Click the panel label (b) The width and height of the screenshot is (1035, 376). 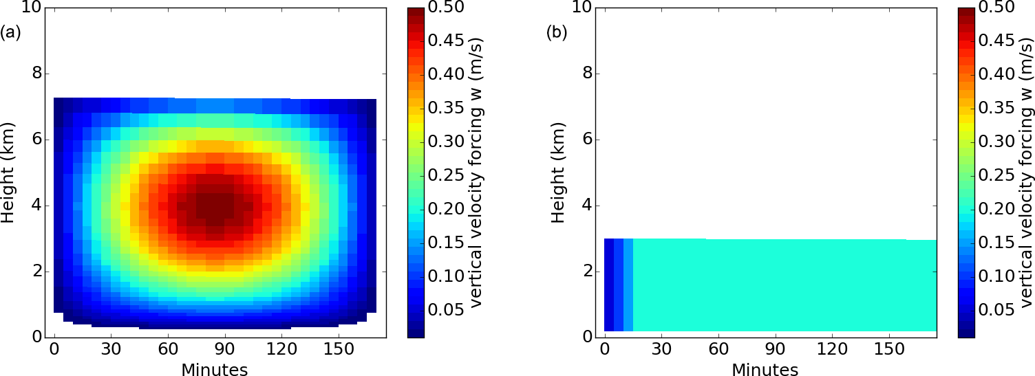557,32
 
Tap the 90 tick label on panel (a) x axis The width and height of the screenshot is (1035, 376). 215,350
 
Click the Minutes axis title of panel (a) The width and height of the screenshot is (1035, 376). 214,370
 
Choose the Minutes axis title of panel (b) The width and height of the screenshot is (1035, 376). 765,370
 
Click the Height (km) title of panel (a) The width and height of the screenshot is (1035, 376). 8,172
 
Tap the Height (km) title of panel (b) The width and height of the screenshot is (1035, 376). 558,172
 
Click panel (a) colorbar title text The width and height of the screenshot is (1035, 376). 477,172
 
